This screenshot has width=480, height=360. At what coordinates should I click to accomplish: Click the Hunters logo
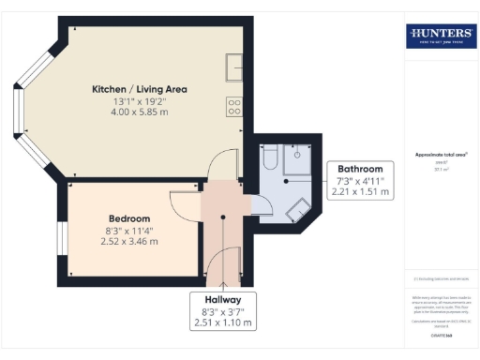(x=439, y=37)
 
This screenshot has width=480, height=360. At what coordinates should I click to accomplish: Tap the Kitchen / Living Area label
(x=139, y=89)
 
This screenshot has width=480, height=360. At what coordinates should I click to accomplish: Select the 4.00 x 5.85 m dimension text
(x=139, y=112)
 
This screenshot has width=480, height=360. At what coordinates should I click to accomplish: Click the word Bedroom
(x=124, y=218)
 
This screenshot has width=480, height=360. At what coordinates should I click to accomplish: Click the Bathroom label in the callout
(x=361, y=168)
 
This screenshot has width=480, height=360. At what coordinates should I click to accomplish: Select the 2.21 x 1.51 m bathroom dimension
(x=361, y=191)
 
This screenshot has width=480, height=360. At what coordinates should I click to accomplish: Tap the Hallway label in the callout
(x=223, y=300)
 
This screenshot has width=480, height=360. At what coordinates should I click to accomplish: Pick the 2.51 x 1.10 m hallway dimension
(x=223, y=324)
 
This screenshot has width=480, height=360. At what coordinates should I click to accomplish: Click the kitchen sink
(x=233, y=67)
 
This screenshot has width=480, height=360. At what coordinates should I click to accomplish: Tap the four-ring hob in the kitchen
(x=233, y=107)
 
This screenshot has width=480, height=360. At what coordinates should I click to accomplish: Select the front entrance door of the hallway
(x=223, y=267)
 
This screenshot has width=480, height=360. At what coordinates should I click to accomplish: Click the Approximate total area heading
(x=441, y=154)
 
